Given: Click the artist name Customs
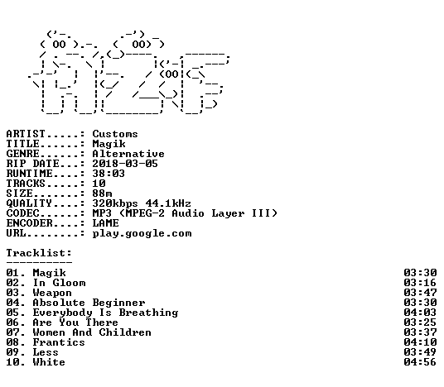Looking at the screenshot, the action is tap(115, 134).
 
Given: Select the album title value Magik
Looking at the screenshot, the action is tap(109, 144).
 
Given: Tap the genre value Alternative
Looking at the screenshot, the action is tap(128, 154).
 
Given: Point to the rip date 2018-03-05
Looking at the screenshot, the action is tap(125, 164).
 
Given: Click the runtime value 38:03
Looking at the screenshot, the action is tap(109, 174).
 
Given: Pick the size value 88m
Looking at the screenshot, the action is tap(102, 193).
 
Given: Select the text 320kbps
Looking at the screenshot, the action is tap(115, 203).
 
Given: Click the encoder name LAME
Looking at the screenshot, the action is tap(106, 223).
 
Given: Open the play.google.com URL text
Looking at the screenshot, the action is tap(142, 233).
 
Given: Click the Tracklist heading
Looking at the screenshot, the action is tap(39, 253).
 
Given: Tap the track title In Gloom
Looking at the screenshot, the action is tap(59, 283).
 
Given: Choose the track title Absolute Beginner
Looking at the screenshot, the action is tap(89, 303).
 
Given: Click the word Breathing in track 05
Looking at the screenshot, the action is tap(148, 313).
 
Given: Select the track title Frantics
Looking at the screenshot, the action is tap(59, 342).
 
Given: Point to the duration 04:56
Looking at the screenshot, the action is tap(420, 362).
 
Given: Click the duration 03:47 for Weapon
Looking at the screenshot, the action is tap(420, 293).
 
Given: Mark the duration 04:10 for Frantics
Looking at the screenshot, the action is tap(420, 342).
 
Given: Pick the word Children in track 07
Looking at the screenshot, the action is tap(125, 332).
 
